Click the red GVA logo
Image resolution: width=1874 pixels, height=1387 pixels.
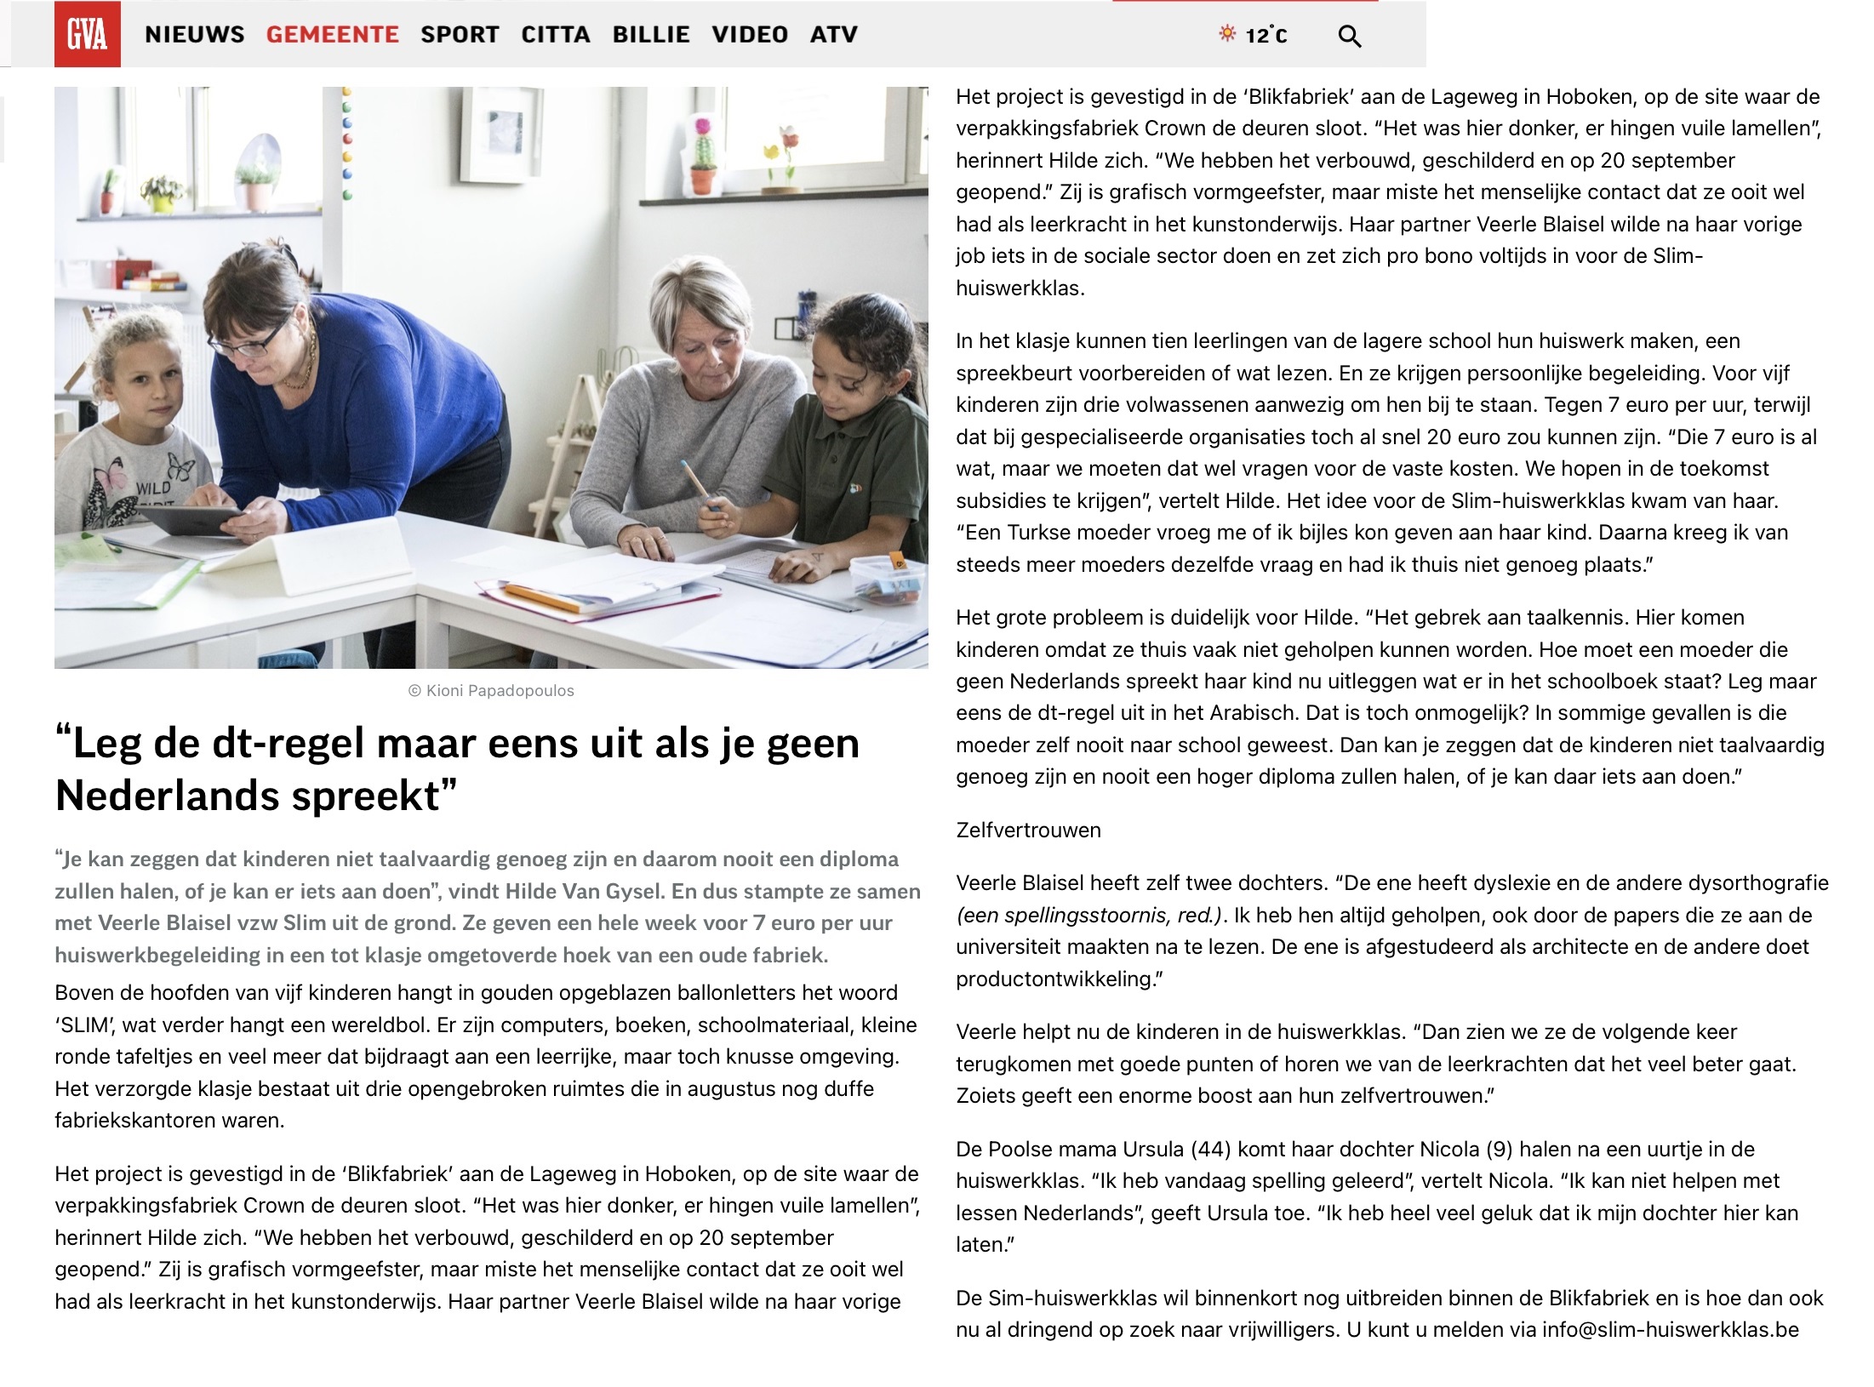click(x=87, y=34)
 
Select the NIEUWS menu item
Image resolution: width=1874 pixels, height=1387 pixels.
click(x=194, y=35)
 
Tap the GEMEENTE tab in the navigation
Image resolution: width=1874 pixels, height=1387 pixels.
click(x=332, y=35)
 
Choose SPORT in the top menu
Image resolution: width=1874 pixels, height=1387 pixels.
click(x=460, y=35)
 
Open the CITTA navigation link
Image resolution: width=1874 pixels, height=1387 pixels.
click(x=556, y=35)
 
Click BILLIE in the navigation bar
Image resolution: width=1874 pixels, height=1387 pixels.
click(x=651, y=35)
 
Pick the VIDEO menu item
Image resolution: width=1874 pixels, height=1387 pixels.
click(x=750, y=35)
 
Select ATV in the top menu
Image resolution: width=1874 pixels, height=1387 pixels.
click(x=833, y=35)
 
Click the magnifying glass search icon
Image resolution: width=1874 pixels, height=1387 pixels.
click(x=1349, y=37)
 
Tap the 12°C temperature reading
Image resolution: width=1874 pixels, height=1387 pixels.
click(x=1266, y=36)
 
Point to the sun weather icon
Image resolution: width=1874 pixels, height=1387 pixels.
click(x=1226, y=33)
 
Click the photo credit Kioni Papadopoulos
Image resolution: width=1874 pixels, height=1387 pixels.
click(x=491, y=691)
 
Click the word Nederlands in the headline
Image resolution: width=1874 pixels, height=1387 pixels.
click(x=162, y=796)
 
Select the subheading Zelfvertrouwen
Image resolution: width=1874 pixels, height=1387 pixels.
click(x=1028, y=830)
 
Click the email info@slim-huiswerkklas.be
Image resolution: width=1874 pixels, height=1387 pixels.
click(x=1670, y=1330)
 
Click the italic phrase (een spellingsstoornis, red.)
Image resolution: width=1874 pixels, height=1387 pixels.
click(x=1089, y=916)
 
